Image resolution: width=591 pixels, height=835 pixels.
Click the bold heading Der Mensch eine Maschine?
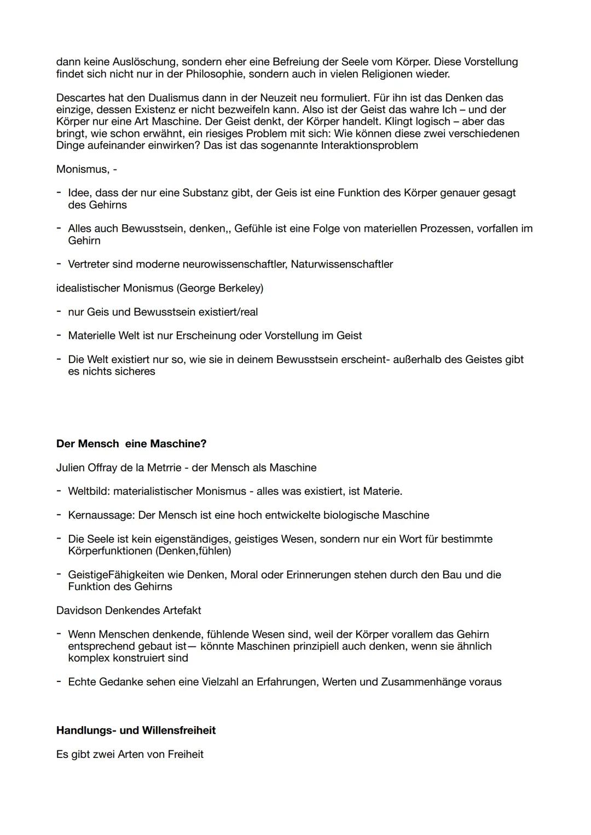(131, 443)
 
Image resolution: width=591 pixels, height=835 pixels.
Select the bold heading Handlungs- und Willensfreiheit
(136, 730)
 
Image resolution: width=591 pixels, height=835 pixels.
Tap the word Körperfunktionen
(110, 551)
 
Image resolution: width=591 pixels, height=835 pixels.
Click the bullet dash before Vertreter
(59, 264)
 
